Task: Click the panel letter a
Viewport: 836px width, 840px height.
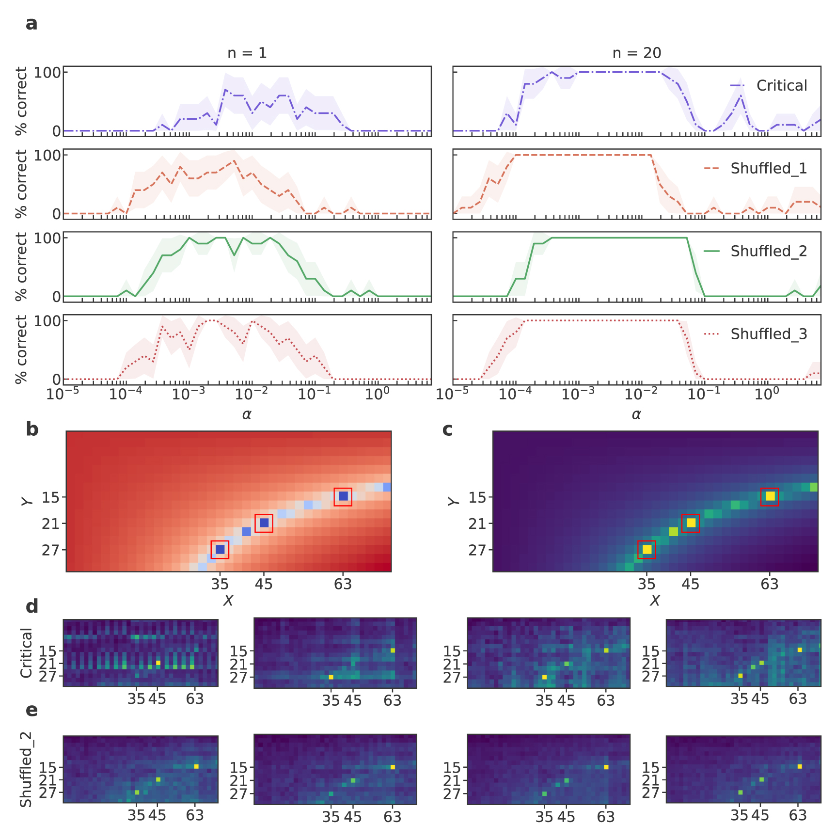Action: (x=32, y=24)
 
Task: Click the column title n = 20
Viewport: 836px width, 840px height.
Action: (x=636, y=53)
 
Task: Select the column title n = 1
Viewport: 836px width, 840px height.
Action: (x=247, y=53)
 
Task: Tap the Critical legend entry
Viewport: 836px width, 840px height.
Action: (x=769, y=86)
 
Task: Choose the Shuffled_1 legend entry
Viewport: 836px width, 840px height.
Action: (x=756, y=169)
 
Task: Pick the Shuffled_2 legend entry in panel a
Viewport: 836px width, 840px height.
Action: (x=756, y=252)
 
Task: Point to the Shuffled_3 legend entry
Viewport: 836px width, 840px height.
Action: (x=756, y=334)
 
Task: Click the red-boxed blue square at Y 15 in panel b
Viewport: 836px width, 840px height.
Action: (x=343, y=496)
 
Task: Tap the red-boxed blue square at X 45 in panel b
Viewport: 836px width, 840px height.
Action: (x=264, y=523)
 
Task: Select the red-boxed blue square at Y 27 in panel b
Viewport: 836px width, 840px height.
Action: (x=220, y=550)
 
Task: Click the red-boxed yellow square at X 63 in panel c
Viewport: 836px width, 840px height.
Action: (x=770, y=496)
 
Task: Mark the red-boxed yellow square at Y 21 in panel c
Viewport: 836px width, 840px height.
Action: (x=691, y=523)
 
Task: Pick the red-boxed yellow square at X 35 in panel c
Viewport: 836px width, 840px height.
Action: (x=647, y=550)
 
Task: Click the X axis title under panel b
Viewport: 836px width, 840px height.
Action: (x=228, y=601)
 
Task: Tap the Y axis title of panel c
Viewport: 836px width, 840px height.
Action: (x=454, y=501)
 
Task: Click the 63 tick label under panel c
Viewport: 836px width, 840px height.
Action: (x=769, y=585)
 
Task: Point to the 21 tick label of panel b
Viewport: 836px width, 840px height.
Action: (x=50, y=524)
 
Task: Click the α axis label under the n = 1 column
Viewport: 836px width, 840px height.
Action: (x=247, y=414)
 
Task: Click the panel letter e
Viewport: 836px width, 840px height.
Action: (x=32, y=711)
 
